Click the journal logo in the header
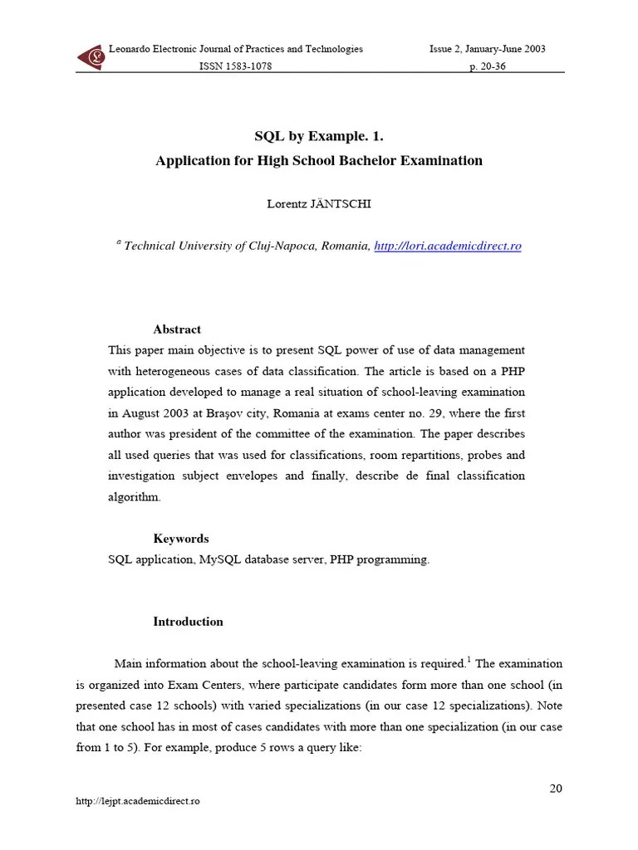pyautogui.click(x=91, y=57)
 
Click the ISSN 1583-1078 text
pyautogui.click(x=235, y=66)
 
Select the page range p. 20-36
pyautogui.click(x=488, y=66)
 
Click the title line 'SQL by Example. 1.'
pyautogui.click(x=318, y=136)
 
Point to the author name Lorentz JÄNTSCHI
pyautogui.click(x=319, y=203)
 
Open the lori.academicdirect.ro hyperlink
pyautogui.click(x=448, y=247)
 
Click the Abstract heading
pyautogui.click(x=177, y=330)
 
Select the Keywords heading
pyautogui.click(x=181, y=539)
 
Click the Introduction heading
pyautogui.click(x=188, y=622)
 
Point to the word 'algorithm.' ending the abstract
pyautogui.click(x=134, y=496)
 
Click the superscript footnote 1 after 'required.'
pyautogui.click(x=469, y=660)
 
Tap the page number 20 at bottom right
pyautogui.click(x=556, y=788)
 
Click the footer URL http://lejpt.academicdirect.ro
pyautogui.click(x=138, y=801)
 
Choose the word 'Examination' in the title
pyautogui.click(x=446, y=161)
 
